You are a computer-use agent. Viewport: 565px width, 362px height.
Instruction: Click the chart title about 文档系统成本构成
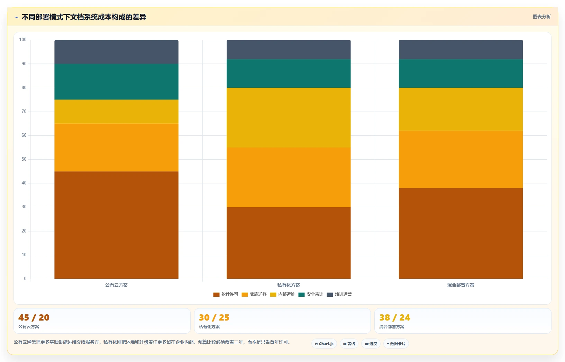click(x=84, y=17)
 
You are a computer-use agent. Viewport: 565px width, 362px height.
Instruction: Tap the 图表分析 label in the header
click(x=541, y=17)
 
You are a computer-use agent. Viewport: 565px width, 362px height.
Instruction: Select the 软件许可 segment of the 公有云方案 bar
click(x=116, y=225)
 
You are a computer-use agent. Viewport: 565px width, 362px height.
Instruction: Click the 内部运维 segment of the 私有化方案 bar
click(x=289, y=117)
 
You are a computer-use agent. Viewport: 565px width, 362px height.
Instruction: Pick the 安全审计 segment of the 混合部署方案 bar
click(x=461, y=73)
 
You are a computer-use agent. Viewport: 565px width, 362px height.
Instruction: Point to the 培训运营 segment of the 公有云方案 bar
click(x=116, y=52)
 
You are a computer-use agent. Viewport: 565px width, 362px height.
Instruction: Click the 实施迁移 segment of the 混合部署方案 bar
click(x=461, y=160)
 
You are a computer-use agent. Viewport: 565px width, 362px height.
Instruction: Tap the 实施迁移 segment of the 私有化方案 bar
click(x=289, y=177)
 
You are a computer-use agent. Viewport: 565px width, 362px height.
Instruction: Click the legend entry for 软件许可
click(x=226, y=294)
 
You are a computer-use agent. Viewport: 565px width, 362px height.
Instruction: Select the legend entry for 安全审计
click(x=311, y=294)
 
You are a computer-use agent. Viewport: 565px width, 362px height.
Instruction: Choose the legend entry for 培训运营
click(x=339, y=294)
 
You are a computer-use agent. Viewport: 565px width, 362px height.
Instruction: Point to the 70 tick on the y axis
click(x=24, y=111)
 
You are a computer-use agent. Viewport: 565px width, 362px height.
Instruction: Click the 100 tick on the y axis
click(x=23, y=39)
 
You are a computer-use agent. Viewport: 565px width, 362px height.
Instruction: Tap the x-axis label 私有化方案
click(x=289, y=285)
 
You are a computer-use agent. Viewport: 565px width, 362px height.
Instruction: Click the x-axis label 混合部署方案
click(x=461, y=285)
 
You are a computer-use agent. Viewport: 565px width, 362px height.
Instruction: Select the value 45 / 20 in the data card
click(x=34, y=317)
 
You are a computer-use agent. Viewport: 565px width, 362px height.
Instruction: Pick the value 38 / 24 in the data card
click(x=395, y=317)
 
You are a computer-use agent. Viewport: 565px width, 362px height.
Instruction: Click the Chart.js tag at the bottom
click(x=324, y=344)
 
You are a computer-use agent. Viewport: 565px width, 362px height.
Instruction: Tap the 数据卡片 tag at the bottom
click(x=396, y=344)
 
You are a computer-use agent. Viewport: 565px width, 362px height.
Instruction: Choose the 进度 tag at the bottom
click(x=371, y=344)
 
